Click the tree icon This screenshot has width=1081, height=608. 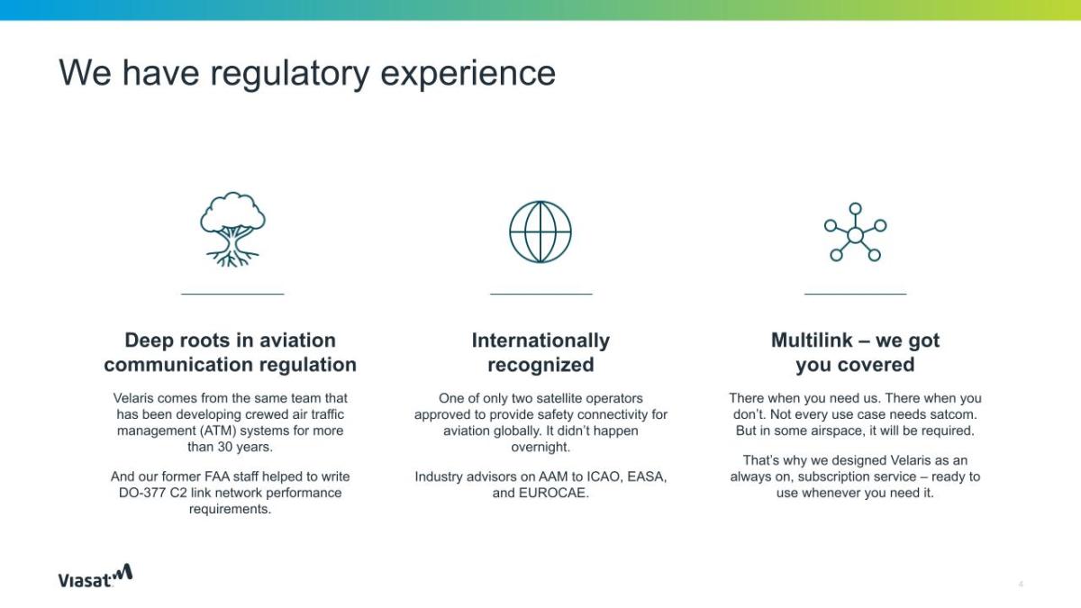tap(232, 229)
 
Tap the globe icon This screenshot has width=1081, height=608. tap(540, 231)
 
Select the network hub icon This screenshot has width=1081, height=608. tap(855, 232)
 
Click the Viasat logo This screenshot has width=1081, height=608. tap(95, 576)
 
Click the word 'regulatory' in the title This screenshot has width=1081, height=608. tap(289, 74)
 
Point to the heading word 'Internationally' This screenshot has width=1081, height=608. tap(540, 340)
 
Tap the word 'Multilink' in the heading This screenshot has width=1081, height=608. tap(812, 340)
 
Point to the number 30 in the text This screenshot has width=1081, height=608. tap(225, 447)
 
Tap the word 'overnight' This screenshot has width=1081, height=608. tap(539, 447)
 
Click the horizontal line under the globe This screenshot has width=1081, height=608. tap(541, 294)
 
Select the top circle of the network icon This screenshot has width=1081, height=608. tap(855, 208)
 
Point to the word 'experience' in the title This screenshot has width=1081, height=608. tap(468, 74)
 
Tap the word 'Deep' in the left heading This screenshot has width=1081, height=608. tap(149, 340)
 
